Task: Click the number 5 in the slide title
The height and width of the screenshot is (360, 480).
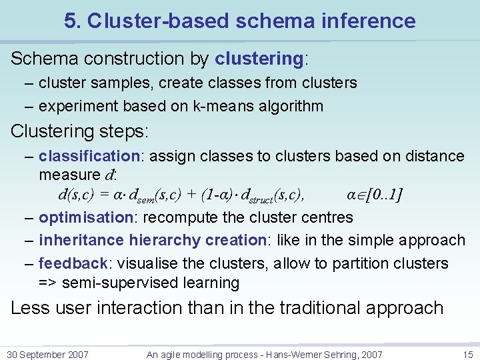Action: coord(69,21)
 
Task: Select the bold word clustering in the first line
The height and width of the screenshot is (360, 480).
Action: coord(259,59)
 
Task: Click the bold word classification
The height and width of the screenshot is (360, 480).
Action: coord(88,156)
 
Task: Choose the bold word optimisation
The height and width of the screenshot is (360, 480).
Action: coord(87,217)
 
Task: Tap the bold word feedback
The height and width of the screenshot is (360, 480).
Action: coord(73,263)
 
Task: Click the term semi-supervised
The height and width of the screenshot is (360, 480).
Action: coord(114,283)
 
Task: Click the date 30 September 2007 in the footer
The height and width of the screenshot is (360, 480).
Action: coord(47,355)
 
